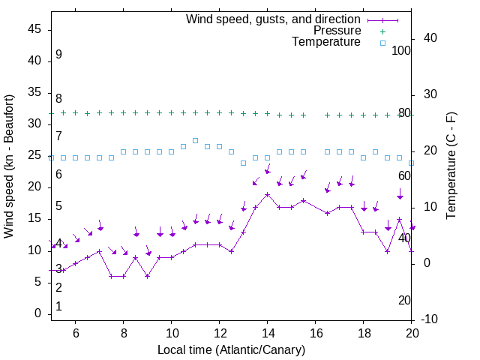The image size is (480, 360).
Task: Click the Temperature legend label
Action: point(326,42)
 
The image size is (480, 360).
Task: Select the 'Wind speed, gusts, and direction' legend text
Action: point(274,19)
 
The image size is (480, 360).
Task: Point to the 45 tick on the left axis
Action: point(35,29)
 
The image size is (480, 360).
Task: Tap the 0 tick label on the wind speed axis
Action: point(39,313)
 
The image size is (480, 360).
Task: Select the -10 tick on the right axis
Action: point(431,319)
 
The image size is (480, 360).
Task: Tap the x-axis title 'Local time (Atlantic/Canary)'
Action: point(231,349)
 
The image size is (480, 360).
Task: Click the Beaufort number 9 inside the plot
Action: point(58,55)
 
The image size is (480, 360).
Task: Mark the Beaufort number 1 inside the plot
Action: point(58,307)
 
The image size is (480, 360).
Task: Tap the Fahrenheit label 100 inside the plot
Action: point(402,50)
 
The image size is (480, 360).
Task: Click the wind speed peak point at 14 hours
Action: point(267,194)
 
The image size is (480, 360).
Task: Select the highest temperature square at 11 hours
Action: point(195,140)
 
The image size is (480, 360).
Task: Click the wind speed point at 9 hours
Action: point(147,276)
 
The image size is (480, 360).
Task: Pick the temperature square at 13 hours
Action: point(243,163)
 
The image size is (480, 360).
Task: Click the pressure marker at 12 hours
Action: point(219,113)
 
